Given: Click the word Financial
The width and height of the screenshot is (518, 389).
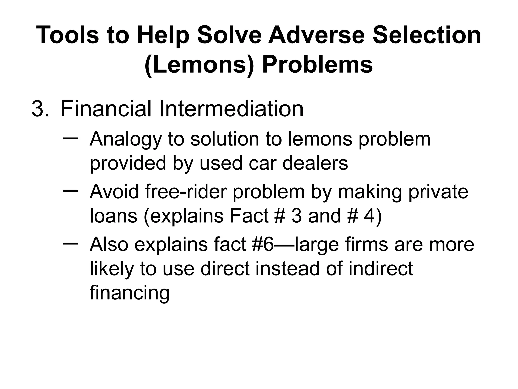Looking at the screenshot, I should click(106, 109).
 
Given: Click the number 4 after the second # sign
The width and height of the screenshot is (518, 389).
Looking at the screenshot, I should click(370, 216).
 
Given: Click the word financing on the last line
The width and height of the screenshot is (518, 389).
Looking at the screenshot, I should click(129, 293).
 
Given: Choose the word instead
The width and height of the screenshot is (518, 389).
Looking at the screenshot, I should click(287, 268).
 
